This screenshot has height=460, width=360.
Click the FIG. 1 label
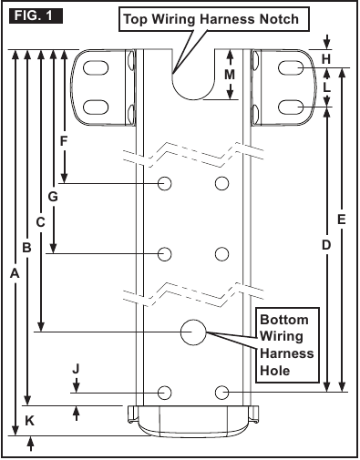click(36, 15)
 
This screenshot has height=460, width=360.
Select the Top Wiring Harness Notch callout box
click(214, 19)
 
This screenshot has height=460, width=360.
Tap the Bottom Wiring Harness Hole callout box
click(287, 345)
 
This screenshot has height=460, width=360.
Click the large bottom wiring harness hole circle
click(193, 332)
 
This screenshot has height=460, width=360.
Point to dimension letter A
click(15, 274)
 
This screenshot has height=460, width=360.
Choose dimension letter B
click(26, 248)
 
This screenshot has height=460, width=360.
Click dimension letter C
click(40, 222)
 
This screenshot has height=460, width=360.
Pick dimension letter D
click(326, 245)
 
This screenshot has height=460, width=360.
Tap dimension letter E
click(342, 220)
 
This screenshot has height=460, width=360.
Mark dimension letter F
click(64, 141)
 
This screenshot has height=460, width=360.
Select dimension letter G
click(53, 197)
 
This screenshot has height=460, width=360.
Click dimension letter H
click(326, 59)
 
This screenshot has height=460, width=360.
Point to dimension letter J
click(76, 369)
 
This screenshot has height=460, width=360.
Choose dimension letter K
click(29, 421)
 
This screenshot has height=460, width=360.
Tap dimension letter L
click(326, 87)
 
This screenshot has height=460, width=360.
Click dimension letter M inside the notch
click(230, 75)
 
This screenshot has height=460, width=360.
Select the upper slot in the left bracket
click(96, 68)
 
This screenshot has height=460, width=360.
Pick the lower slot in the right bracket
click(291, 107)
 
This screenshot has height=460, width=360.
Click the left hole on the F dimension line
click(165, 183)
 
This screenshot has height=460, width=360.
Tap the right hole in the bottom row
click(221, 393)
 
